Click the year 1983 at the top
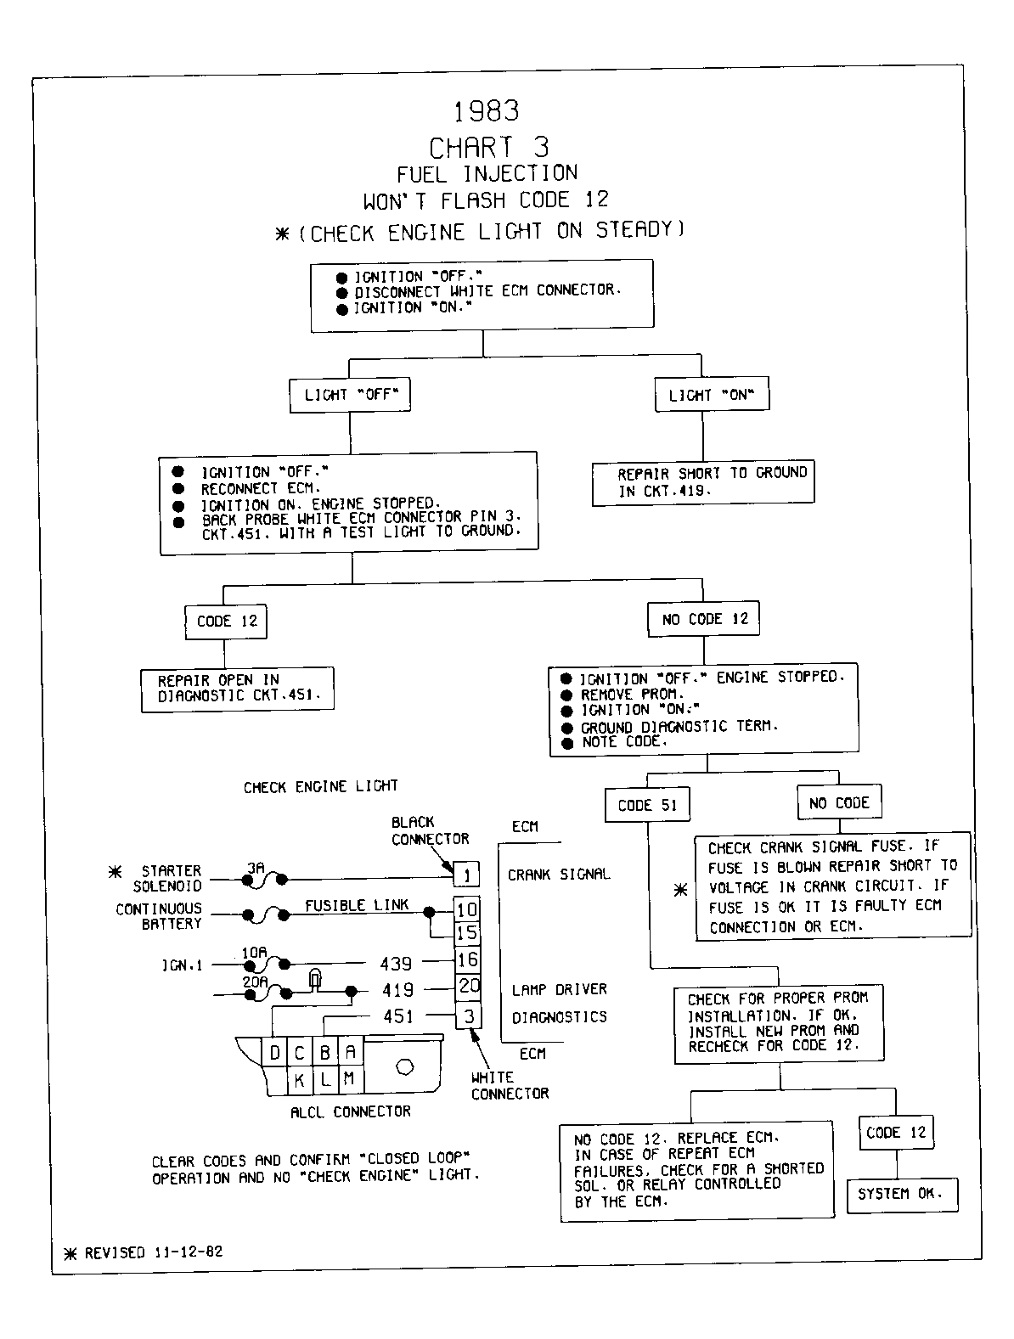point(487,111)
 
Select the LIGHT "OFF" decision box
point(350,395)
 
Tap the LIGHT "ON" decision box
point(712,394)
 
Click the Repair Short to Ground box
point(703,482)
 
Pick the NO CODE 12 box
point(703,619)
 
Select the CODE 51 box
point(647,805)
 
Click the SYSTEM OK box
point(902,1194)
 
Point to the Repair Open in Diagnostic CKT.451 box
point(237,689)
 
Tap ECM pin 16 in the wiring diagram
point(467,959)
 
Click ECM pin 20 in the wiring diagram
point(468,986)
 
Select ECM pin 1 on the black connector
point(467,875)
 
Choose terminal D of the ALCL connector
point(274,1052)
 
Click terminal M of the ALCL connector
point(349,1079)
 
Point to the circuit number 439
point(396,963)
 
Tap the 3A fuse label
point(256,868)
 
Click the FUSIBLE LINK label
point(357,905)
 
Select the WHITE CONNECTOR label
point(510,1085)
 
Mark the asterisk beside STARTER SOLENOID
point(115,872)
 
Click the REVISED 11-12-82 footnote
point(144,1253)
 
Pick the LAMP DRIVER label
point(559,989)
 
